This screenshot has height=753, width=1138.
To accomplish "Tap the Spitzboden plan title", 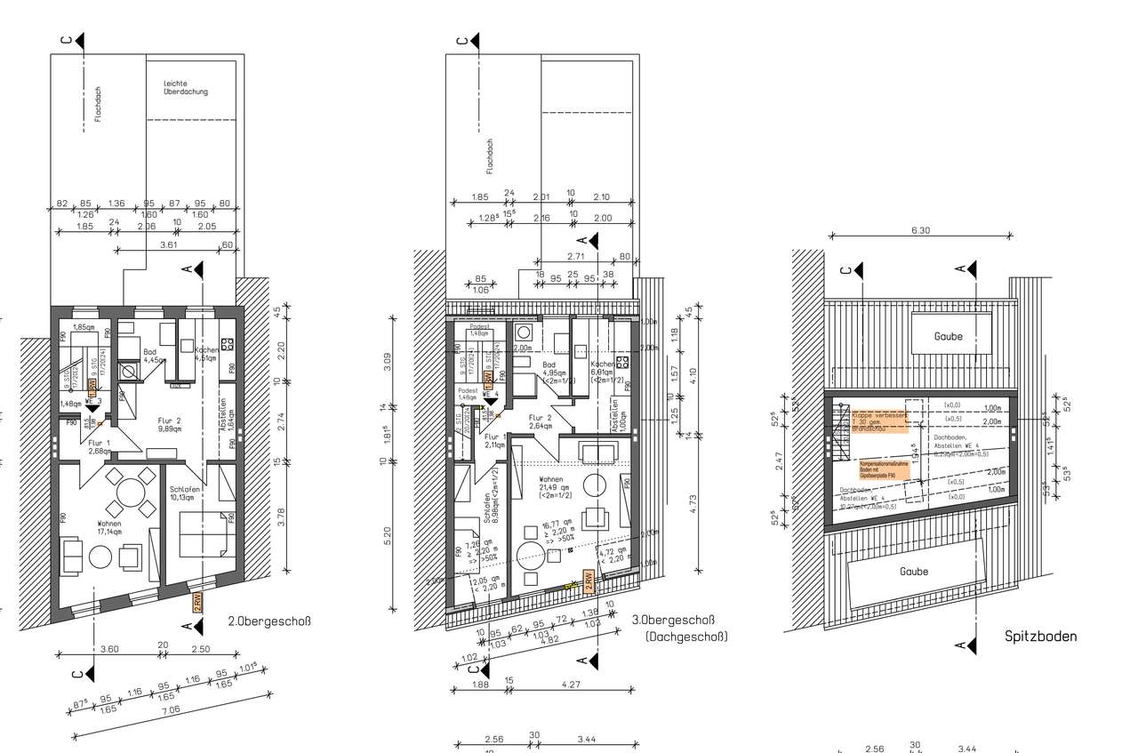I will [x=1040, y=636].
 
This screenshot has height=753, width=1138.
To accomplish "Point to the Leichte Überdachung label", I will [x=185, y=87].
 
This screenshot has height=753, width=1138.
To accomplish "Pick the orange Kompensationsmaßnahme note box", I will [x=885, y=469].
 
